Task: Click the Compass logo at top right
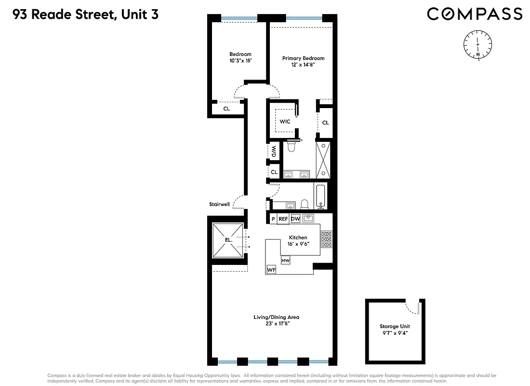(475, 14)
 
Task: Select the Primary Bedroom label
(303, 58)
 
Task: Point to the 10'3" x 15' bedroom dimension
(240, 61)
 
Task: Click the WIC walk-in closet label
(285, 122)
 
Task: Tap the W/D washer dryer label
(273, 152)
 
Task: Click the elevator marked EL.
(228, 239)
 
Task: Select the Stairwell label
(219, 204)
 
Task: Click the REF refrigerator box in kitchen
(283, 219)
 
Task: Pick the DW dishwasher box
(295, 219)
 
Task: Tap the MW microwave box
(285, 261)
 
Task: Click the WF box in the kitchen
(271, 269)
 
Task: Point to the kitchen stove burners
(326, 240)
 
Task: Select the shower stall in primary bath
(323, 159)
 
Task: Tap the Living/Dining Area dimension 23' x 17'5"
(277, 324)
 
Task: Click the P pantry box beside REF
(273, 219)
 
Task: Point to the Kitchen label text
(298, 237)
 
